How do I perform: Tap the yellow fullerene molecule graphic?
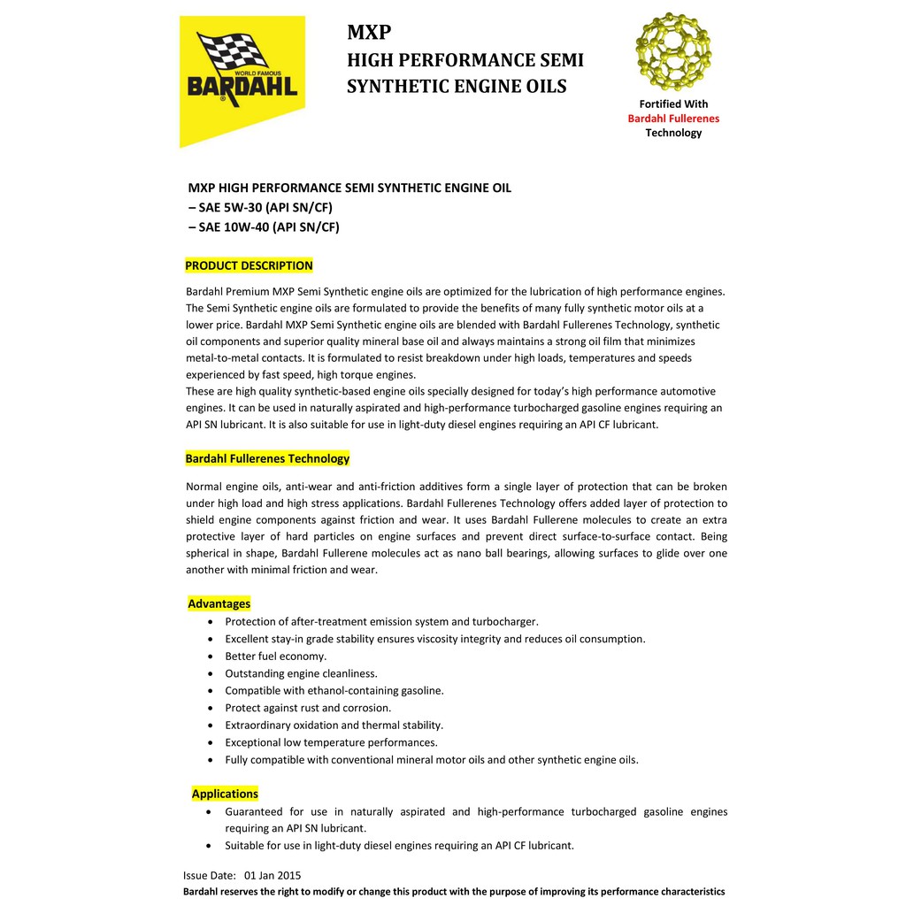pos(672,50)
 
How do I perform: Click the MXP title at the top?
pos(369,33)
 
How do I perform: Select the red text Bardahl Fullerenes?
pos(673,119)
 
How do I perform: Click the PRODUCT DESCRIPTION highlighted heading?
pos(249,265)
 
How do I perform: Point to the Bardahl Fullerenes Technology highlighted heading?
pos(267,458)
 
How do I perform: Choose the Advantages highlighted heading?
pos(219,603)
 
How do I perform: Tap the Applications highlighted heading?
pos(225,794)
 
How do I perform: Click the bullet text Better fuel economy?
pos(276,656)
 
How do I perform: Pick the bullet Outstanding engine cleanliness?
pos(301,673)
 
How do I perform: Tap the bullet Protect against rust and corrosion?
pos(308,708)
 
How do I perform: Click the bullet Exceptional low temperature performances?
pos(331,742)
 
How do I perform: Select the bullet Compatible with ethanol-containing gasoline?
pos(334,690)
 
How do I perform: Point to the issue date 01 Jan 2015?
pos(273,876)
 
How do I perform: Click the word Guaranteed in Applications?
pos(254,811)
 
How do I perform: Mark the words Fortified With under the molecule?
pos(673,104)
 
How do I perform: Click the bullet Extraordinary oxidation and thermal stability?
pos(334,725)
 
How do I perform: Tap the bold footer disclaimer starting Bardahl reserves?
pos(454,892)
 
